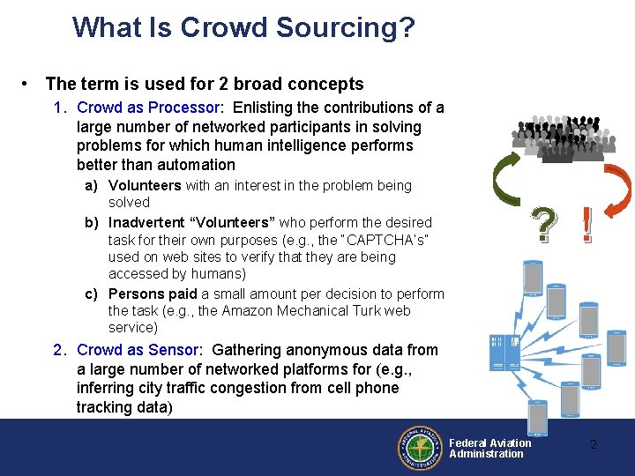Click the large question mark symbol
pos(544,227)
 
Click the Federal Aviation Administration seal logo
pos(422,447)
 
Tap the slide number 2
pos(593,444)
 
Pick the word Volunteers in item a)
pos(145,185)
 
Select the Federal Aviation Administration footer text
pos(489,448)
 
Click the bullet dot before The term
pos(29,85)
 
